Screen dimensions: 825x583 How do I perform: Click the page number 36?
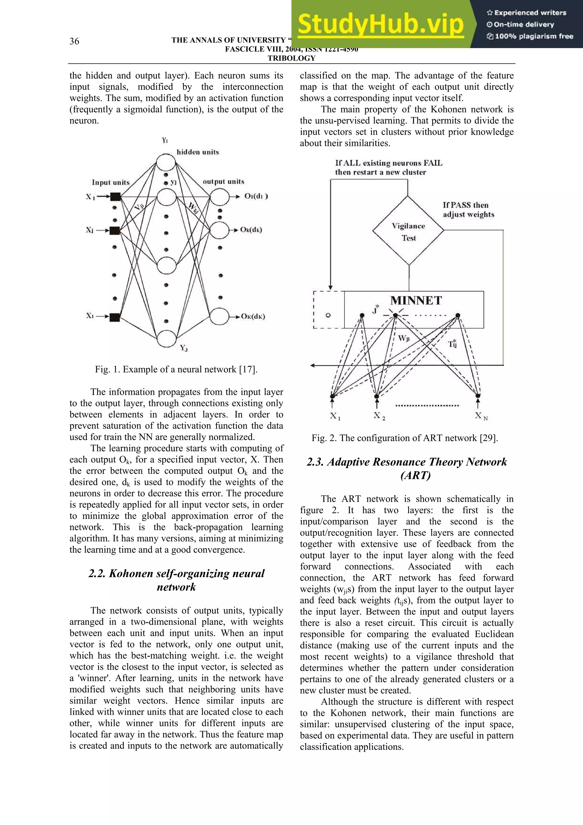[74, 41]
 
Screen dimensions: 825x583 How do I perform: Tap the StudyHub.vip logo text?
[381, 24]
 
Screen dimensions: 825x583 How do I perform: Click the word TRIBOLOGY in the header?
[291, 58]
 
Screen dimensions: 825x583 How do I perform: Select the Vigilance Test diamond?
[408, 231]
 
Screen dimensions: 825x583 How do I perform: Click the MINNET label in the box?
[416, 300]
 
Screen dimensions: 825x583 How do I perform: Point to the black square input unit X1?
[115, 196]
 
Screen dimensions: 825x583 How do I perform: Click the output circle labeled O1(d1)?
[219, 196]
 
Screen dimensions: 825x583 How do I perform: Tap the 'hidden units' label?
[198, 152]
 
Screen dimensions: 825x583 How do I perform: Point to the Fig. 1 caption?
[176, 370]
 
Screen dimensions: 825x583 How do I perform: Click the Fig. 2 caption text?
[405, 438]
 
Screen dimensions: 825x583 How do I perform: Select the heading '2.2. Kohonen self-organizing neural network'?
[176, 580]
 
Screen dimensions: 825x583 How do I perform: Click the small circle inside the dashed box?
[328, 315]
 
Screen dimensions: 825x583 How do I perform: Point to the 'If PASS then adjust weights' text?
[468, 210]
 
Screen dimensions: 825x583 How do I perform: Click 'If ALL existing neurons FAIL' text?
[389, 163]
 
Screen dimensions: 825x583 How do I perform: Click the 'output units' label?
[223, 181]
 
